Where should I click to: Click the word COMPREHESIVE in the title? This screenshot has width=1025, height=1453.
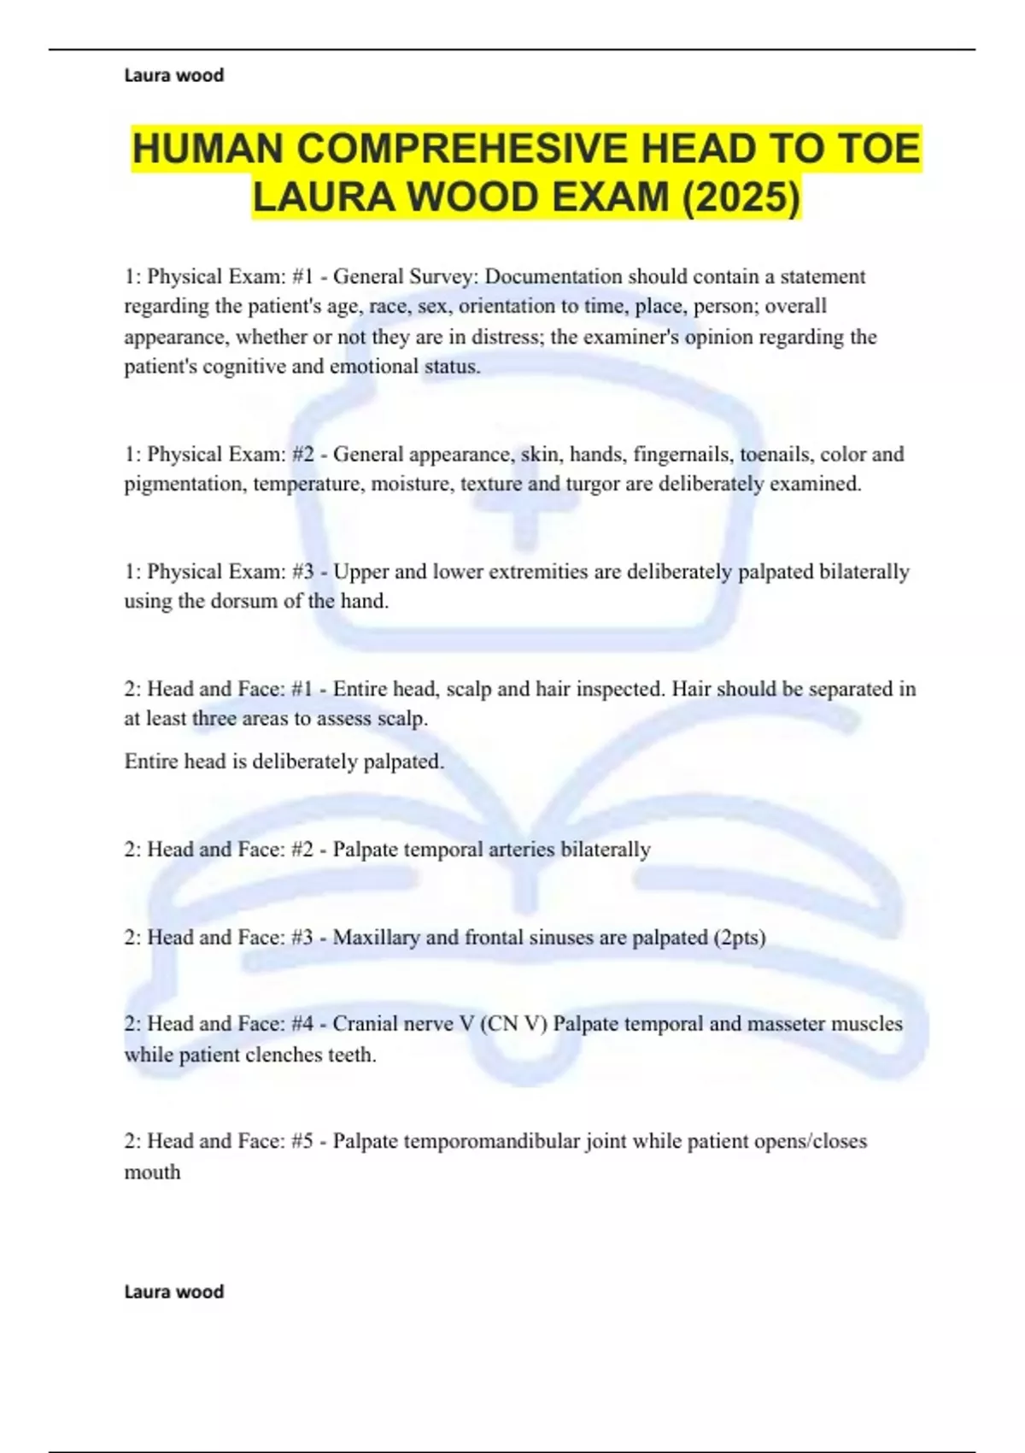tap(462, 149)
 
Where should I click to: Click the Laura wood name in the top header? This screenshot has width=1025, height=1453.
tap(174, 75)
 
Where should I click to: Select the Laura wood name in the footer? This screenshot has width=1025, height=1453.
tap(174, 1291)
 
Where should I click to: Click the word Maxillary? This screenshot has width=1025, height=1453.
tap(376, 938)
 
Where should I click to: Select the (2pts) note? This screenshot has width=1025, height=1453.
tap(739, 938)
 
